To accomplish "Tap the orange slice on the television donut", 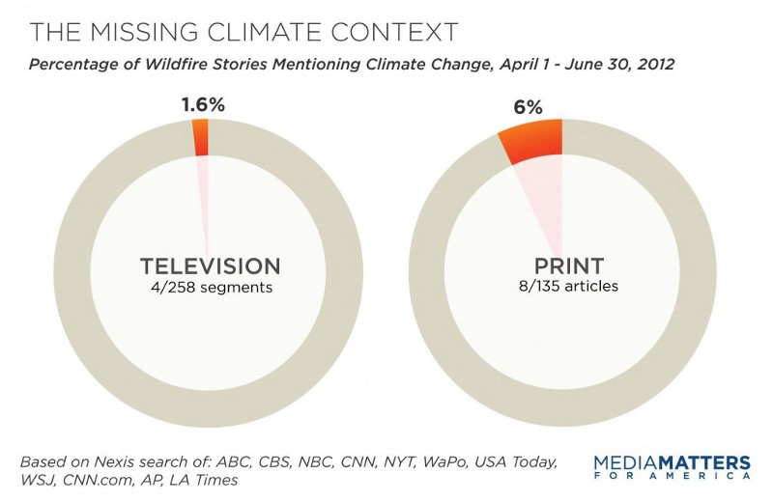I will click(x=201, y=137).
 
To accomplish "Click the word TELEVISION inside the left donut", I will click(x=210, y=266).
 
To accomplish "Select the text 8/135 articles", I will click(x=564, y=287).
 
